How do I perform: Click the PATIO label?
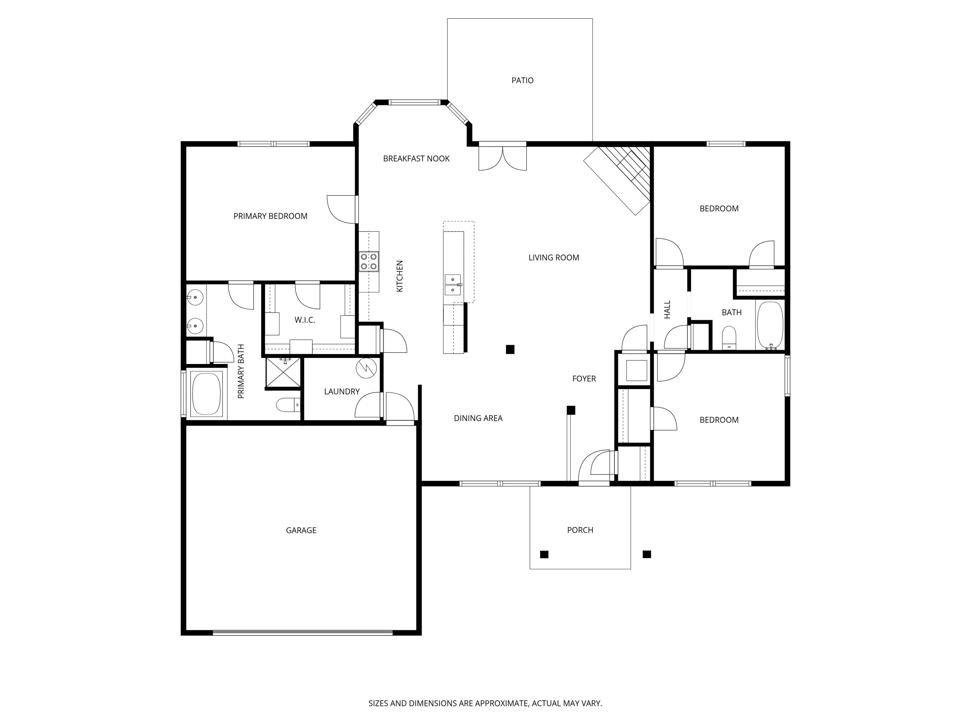[x=522, y=80]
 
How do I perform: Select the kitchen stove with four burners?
[x=369, y=261]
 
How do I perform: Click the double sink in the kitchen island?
[x=452, y=284]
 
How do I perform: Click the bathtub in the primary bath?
[x=206, y=394]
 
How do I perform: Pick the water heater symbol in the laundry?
[x=366, y=368]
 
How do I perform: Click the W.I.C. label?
[x=304, y=320]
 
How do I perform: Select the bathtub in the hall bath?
[x=769, y=325]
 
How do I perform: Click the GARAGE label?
[x=301, y=530]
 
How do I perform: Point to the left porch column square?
[x=544, y=554]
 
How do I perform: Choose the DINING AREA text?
[x=478, y=418]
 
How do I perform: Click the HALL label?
[x=667, y=309]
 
